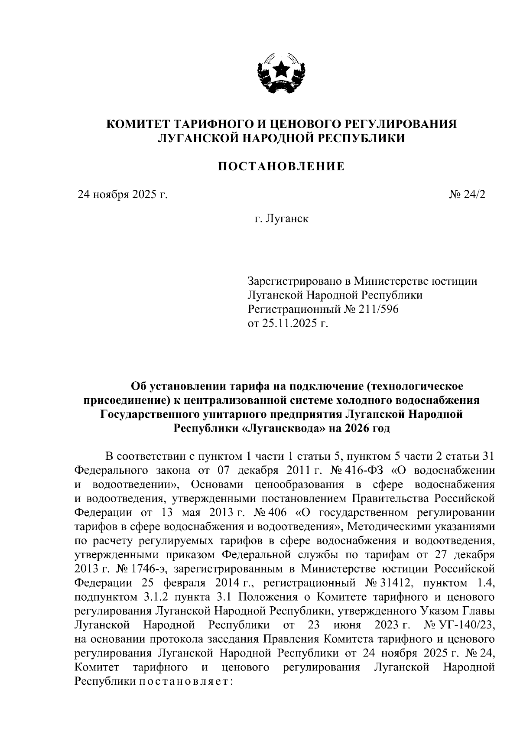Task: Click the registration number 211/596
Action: (x=377, y=309)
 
